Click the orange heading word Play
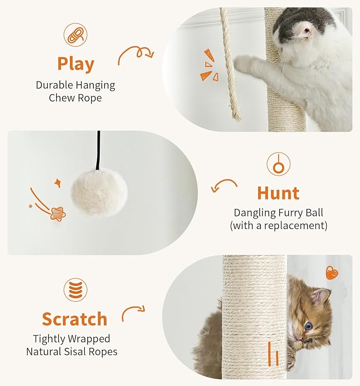coord(76,64)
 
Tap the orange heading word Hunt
coord(278,193)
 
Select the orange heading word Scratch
coord(75,319)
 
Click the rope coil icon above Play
coord(76,35)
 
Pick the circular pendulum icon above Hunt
coord(278,164)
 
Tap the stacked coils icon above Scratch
coord(76,289)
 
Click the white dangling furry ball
coord(99,192)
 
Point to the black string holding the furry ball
coord(99,150)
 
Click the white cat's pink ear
coord(305,31)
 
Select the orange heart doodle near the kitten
coord(332,273)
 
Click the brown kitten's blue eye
coord(308,327)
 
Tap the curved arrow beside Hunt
coord(224,185)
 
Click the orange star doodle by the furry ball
coord(58,214)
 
